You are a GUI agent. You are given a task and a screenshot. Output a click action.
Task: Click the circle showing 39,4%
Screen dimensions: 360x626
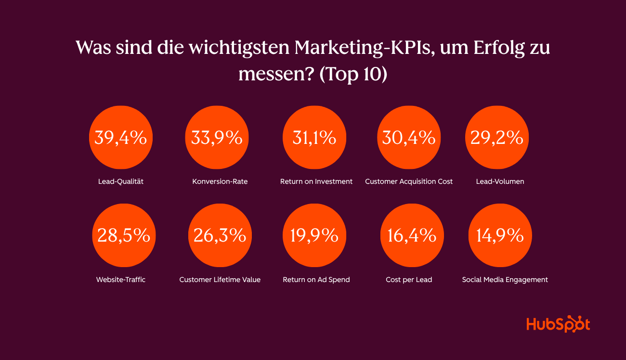point(121,138)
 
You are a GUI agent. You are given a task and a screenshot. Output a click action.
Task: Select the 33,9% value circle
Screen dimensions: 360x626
point(217,138)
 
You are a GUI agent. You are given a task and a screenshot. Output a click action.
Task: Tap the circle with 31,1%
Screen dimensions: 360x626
point(314,138)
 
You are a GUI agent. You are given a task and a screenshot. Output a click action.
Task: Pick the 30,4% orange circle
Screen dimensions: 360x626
point(409,138)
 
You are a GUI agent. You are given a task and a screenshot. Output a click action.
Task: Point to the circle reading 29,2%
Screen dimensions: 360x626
point(497,138)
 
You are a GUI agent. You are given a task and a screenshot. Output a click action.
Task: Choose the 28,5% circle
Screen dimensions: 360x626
point(124,235)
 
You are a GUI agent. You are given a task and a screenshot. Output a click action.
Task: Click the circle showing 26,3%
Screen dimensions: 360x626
point(220,235)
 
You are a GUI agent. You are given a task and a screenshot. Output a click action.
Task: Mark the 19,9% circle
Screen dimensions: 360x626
point(314,235)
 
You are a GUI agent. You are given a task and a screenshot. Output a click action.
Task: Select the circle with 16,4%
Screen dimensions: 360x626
point(412,235)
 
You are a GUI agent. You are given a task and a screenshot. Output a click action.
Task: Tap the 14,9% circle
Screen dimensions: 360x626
point(500,235)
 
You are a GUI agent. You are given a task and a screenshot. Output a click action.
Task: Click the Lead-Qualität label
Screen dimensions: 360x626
point(120,182)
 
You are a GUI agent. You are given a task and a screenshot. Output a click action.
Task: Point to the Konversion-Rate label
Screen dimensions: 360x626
point(220,182)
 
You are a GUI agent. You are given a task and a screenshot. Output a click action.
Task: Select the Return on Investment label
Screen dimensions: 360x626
point(316,182)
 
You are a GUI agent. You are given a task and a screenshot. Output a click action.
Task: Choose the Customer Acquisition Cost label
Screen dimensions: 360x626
point(409,182)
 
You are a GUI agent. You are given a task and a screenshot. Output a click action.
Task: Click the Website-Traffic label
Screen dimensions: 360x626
point(120,280)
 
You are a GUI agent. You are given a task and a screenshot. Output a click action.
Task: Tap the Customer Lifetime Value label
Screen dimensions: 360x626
point(220,280)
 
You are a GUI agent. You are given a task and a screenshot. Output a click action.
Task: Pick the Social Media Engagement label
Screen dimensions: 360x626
point(505,280)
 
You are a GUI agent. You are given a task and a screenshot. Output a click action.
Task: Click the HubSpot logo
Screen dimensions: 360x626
point(558,324)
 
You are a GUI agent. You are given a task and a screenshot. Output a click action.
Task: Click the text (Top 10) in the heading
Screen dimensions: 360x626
point(353,75)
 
